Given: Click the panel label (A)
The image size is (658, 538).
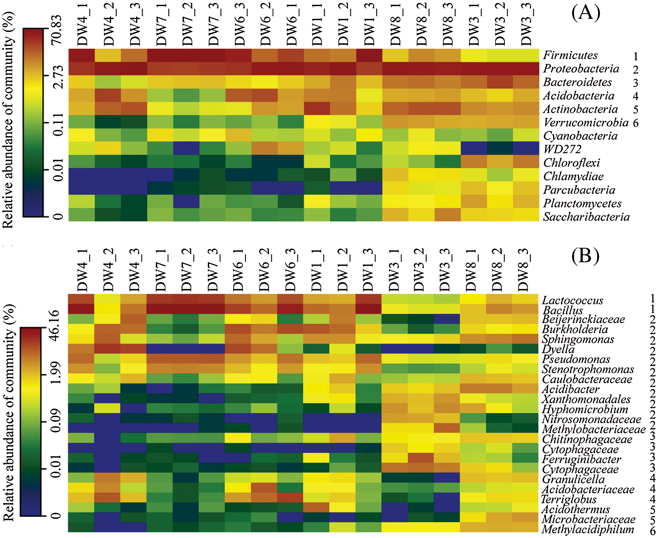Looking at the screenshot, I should [585, 13].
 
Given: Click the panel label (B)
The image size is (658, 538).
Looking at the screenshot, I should [585, 256].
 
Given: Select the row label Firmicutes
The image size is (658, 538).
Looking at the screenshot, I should [570, 55].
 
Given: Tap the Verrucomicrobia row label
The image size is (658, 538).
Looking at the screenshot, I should [586, 123].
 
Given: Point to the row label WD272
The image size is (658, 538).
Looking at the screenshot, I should [562, 149].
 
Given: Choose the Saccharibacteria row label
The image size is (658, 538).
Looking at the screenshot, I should [586, 217].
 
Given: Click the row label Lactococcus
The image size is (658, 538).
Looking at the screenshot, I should [572, 300].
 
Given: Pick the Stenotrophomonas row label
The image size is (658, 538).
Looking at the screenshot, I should [588, 369].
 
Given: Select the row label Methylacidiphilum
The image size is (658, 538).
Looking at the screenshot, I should [588, 530].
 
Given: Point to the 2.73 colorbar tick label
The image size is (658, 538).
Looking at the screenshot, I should [57, 76].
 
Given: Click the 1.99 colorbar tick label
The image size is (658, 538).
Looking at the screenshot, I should [55, 375].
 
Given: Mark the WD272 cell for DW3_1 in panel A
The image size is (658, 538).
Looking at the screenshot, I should [474, 149].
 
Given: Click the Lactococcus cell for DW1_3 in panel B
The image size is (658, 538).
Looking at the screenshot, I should [368, 299].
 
